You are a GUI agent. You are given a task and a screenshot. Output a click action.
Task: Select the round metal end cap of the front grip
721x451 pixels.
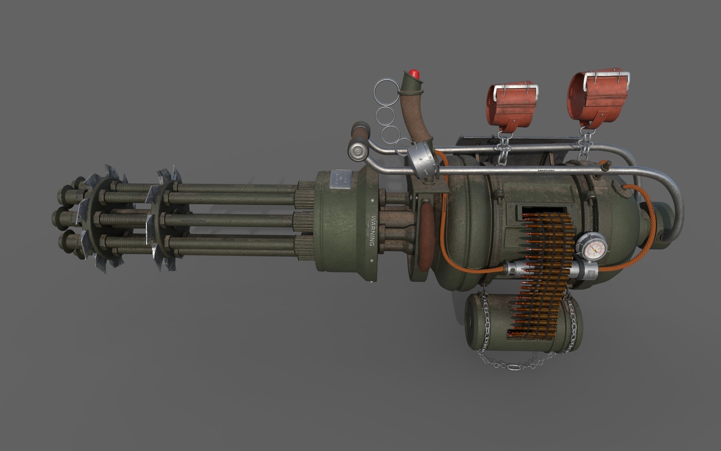[357, 151]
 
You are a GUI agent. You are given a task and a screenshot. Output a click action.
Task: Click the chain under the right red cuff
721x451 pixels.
[585, 145]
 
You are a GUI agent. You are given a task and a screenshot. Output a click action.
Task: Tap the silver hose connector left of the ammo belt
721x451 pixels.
[516, 269]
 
